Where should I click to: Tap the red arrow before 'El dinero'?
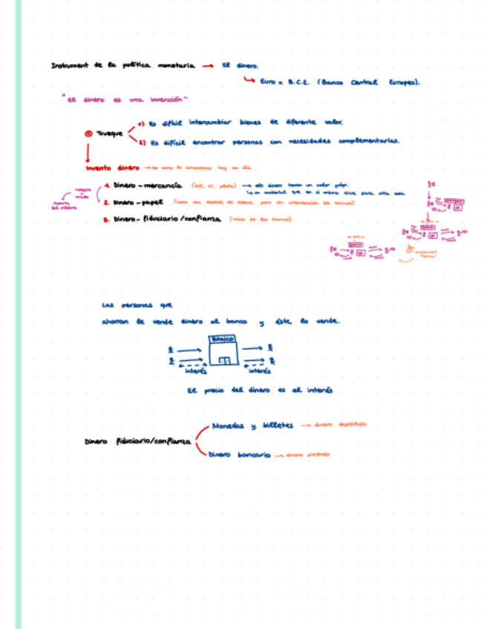pos(208,65)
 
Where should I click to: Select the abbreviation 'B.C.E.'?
pos(296,83)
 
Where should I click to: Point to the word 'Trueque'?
pos(110,134)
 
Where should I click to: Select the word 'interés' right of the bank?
pos(258,372)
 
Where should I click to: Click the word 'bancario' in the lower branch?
pos(254,454)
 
